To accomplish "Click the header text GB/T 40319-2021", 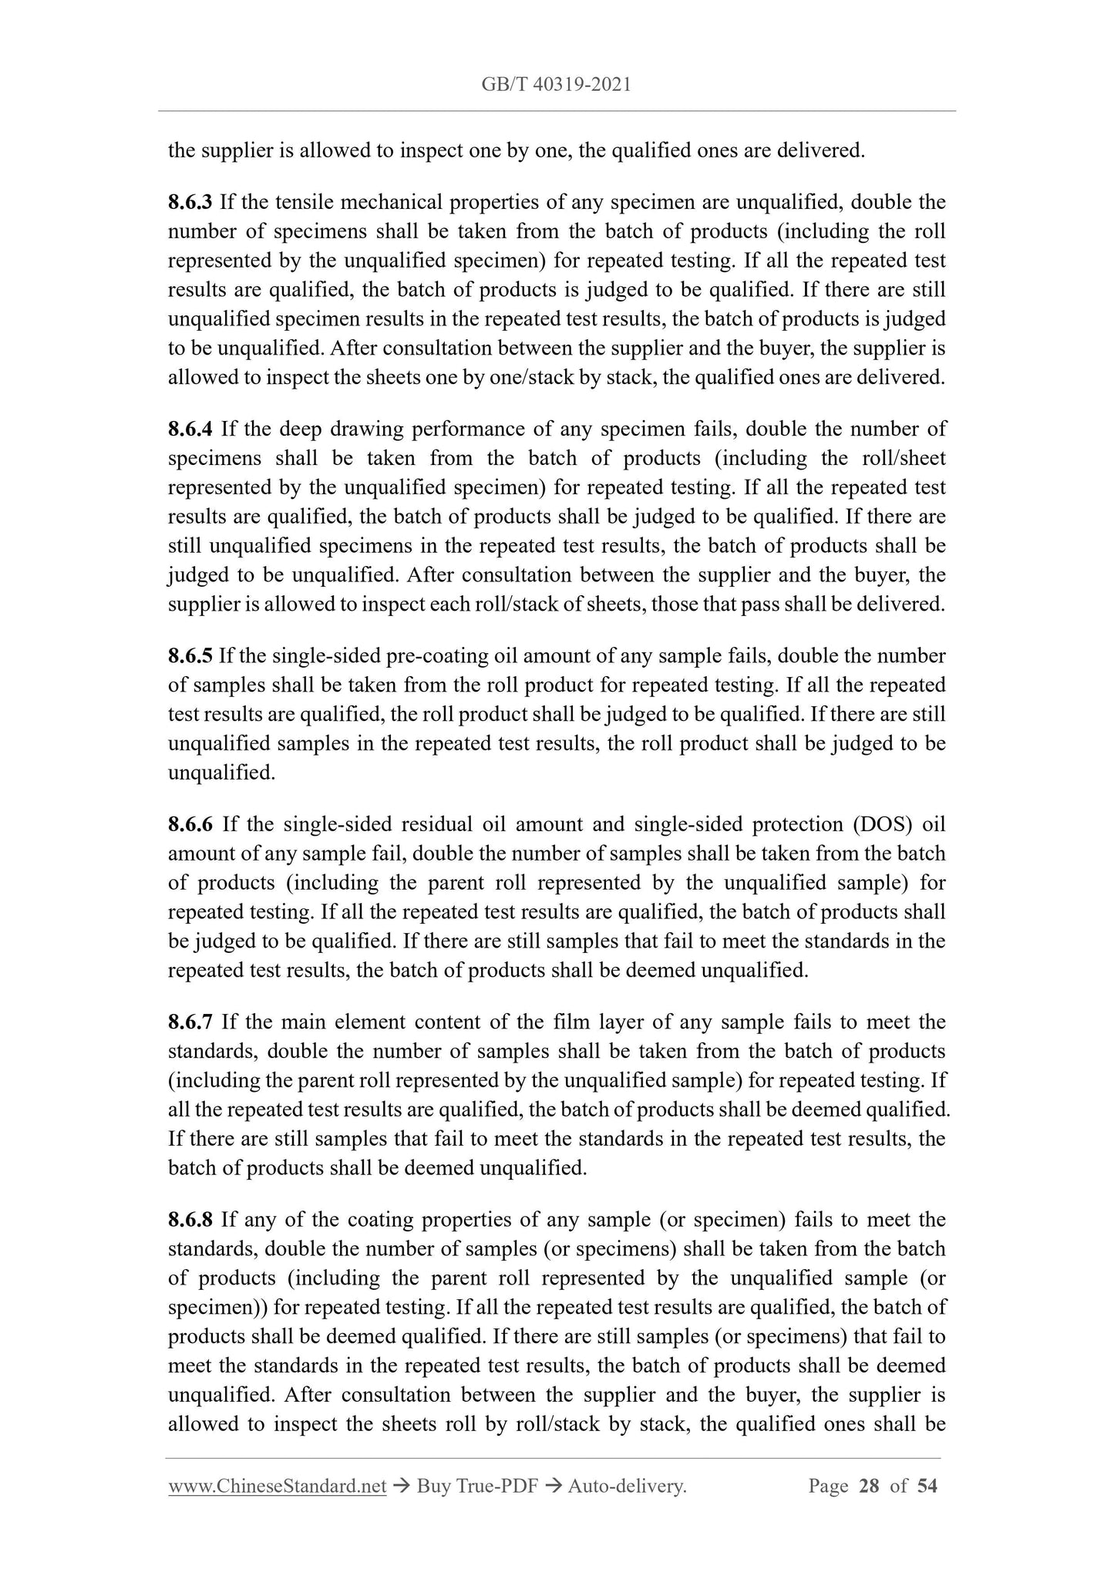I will coord(556,85).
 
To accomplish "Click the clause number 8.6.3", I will coord(190,203).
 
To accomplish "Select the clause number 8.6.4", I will coord(191,429).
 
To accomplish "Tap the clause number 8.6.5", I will coord(190,656).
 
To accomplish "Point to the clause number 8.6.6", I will coord(191,825).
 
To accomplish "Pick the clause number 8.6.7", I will coord(191,1022).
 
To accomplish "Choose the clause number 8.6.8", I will coord(191,1221).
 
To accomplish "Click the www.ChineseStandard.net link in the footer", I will coord(277,1486).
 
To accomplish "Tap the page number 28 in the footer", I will coord(869,1486).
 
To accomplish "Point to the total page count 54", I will coord(927,1486).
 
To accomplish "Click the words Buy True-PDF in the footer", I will coord(476,1486).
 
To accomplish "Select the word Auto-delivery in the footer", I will coord(626,1486).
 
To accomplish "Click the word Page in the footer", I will coord(828,1486).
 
